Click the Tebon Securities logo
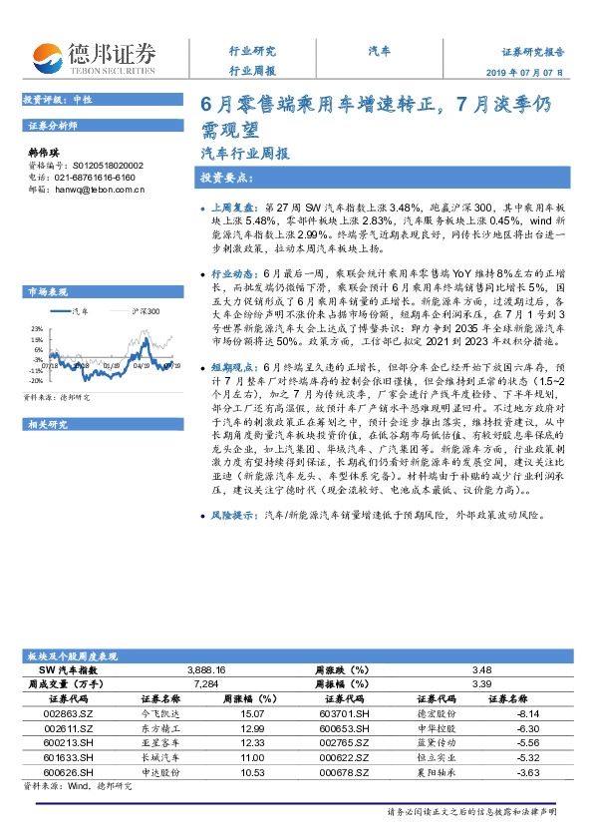pos(94,58)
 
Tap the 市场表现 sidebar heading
pos(48,291)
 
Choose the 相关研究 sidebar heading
pos(48,397)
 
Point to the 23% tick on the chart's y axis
pos(37,327)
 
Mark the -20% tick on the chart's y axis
pos(36,380)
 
